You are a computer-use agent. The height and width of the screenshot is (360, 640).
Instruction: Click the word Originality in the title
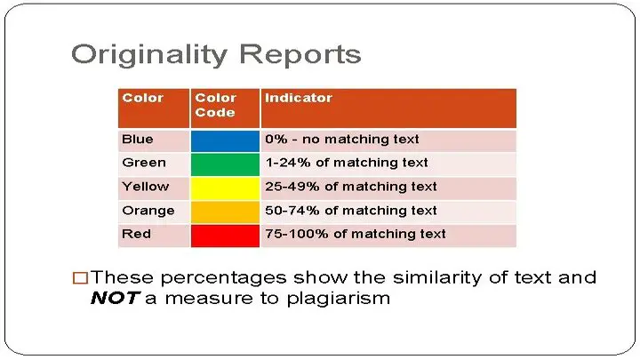[x=149, y=55]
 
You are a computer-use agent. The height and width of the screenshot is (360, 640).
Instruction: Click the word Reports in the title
[x=300, y=55]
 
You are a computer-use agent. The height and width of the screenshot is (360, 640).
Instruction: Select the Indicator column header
[x=388, y=108]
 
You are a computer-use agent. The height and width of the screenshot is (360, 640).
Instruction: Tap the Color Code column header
[x=225, y=108]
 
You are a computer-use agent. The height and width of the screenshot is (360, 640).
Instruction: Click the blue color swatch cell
[x=225, y=140]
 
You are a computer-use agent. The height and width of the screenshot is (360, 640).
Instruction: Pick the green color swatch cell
[x=225, y=164]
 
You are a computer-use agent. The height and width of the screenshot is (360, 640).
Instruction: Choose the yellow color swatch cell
[x=225, y=188]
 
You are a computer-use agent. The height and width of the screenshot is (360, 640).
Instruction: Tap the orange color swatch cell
[x=225, y=212]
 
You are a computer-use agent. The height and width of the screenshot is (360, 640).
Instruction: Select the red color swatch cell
[x=225, y=236]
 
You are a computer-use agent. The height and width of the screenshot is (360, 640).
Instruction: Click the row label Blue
[x=138, y=140]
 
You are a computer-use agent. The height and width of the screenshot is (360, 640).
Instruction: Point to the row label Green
[x=144, y=163]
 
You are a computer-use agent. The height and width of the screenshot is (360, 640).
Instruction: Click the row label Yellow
[x=145, y=187]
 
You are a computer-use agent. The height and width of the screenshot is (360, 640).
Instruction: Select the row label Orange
[x=148, y=211]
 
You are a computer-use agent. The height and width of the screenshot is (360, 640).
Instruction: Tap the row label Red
[x=136, y=234]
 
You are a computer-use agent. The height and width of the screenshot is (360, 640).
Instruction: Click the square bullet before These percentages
[x=80, y=278]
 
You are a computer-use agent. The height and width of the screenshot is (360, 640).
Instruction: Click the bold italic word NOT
[x=115, y=298]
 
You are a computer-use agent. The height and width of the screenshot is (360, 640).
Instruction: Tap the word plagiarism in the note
[x=339, y=300]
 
